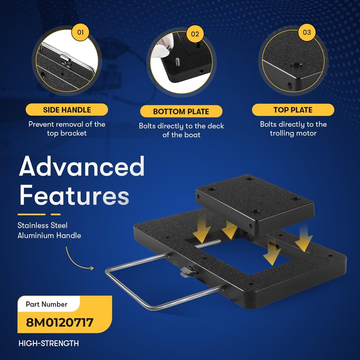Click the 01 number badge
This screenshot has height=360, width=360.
[81, 32]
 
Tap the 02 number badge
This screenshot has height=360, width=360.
[194, 33]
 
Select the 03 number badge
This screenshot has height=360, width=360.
[307, 32]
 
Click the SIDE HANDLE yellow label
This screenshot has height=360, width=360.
[67, 110]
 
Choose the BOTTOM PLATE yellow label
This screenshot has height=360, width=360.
[181, 112]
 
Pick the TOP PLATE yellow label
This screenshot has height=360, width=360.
[293, 110]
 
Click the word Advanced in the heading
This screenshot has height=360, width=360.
[81, 167]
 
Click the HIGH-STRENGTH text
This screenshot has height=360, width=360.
[49, 343]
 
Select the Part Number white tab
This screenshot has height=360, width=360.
[47, 304]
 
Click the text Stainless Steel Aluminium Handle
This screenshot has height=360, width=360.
[49, 230]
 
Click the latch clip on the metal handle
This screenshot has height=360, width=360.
[188, 271]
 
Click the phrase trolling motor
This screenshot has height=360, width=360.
[293, 133]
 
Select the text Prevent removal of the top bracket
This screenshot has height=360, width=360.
[67, 129]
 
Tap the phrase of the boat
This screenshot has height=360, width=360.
[181, 135]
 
